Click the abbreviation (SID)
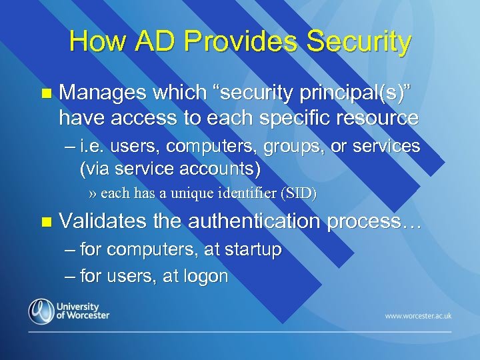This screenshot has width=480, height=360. click(x=299, y=195)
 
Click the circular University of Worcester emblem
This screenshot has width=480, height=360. click(x=41, y=311)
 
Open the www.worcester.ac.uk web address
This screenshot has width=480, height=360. click(x=417, y=315)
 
